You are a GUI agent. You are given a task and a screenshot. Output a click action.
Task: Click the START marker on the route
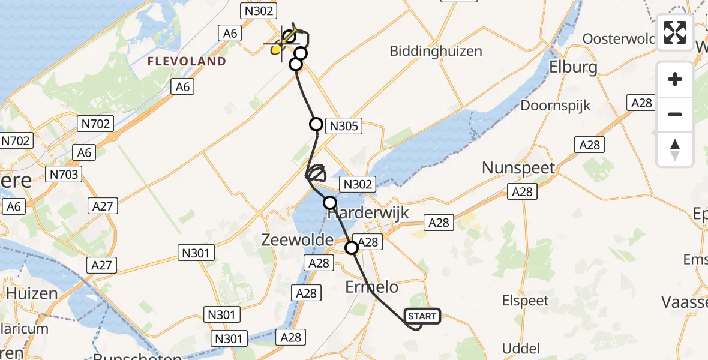pos(423,316)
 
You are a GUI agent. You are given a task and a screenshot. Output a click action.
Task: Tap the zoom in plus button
pos(675,79)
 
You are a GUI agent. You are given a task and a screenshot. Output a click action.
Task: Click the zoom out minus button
pos(675,114)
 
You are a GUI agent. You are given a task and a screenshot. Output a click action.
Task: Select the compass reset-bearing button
pos(675,149)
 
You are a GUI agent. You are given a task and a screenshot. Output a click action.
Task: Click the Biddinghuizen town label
pos(436,51)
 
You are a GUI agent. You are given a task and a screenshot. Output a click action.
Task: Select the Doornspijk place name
pos(556,106)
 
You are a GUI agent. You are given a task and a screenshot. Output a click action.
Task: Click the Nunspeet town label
pos(519,168)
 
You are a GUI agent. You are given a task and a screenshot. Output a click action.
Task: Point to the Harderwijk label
pos(369,214)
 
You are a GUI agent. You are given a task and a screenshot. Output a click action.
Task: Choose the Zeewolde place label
pos(296,240)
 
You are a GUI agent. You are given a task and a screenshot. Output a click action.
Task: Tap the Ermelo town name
pos(371,287)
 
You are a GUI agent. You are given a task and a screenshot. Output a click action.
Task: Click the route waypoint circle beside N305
pos(316,124)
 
